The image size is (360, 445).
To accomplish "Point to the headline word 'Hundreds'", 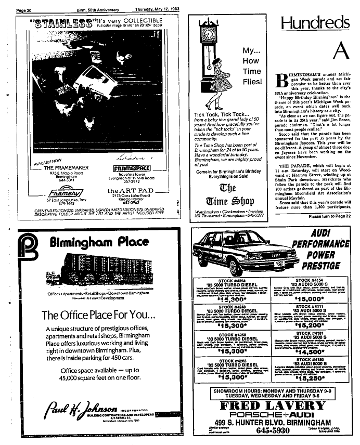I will (x=315, y=23).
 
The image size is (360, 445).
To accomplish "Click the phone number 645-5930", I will (x=271, y=431).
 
